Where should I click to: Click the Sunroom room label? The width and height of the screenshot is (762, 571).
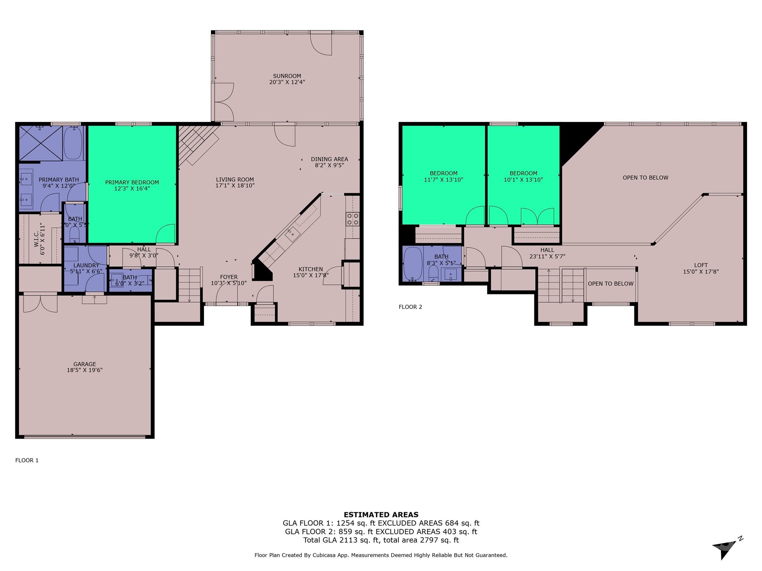(x=287, y=76)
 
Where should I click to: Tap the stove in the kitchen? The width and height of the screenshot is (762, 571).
(x=352, y=219)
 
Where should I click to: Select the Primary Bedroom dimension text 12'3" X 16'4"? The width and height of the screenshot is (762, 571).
(x=132, y=189)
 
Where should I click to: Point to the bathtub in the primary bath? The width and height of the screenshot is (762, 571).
(x=73, y=143)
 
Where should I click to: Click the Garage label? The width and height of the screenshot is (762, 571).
(x=85, y=364)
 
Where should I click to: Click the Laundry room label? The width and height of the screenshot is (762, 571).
(x=86, y=265)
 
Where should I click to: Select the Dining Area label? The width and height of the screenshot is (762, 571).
(x=329, y=159)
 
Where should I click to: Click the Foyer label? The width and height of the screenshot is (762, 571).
(x=228, y=277)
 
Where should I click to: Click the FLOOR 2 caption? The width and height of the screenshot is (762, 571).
(x=410, y=307)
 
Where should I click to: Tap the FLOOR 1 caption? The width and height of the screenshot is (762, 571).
(x=27, y=461)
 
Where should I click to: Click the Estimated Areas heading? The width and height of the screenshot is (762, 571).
(x=381, y=515)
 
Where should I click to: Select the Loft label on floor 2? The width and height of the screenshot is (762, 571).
(x=701, y=265)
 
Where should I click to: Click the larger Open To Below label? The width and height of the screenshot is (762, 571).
(x=646, y=178)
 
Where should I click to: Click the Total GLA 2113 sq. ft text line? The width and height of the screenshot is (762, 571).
(x=381, y=541)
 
